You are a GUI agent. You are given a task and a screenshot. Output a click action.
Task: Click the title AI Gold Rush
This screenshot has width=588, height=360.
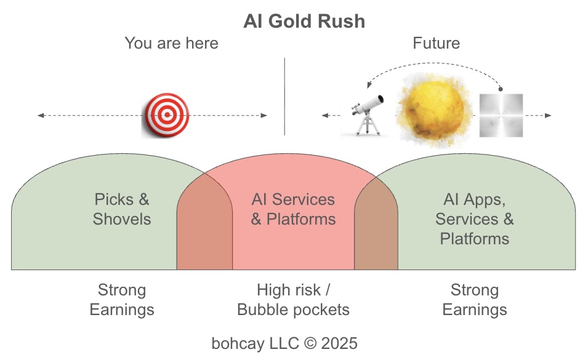pyautogui.click(x=304, y=22)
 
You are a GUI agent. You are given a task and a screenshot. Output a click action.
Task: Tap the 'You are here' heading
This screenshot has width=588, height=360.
pyautogui.click(x=171, y=43)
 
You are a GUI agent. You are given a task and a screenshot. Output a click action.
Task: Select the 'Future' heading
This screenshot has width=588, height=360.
pyautogui.click(x=436, y=43)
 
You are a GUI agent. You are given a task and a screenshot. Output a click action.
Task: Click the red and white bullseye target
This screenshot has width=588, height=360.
pyautogui.click(x=166, y=115)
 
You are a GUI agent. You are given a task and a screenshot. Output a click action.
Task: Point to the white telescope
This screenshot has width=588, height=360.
pyautogui.click(x=367, y=114)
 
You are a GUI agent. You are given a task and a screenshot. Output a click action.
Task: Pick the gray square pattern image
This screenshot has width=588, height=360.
pyautogui.click(x=501, y=115)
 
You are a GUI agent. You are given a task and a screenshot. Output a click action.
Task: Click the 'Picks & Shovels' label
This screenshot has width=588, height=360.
pyautogui.click(x=122, y=209)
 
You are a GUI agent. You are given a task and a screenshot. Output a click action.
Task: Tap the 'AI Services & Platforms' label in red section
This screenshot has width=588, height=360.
pyautogui.click(x=294, y=209)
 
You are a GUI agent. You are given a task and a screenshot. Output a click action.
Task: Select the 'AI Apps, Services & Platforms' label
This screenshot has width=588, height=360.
pyautogui.click(x=474, y=219)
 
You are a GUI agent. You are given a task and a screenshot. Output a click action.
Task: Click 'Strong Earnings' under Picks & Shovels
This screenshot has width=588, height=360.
pyautogui.click(x=122, y=300)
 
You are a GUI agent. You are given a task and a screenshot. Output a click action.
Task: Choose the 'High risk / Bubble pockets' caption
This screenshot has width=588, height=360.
pyautogui.click(x=294, y=300)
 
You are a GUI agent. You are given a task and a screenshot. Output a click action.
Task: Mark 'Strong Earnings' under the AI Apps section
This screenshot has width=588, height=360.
pyautogui.click(x=475, y=300)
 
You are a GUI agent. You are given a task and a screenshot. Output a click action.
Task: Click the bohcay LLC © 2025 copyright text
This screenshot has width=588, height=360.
pyautogui.click(x=284, y=343)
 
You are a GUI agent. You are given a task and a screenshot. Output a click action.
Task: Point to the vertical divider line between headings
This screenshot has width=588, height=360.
pyautogui.click(x=284, y=97)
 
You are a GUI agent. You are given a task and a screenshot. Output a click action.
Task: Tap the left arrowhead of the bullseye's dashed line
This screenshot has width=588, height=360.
pyautogui.click(x=40, y=116)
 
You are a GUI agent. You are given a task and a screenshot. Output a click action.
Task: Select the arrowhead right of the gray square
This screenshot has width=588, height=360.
pyautogui.click(x=548, y=116)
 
